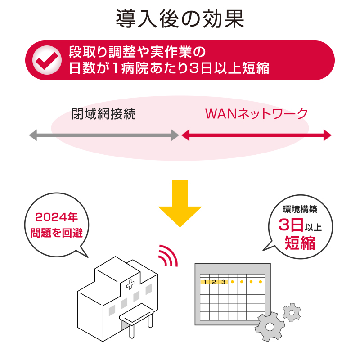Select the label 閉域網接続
point(104,114)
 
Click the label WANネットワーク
point(256,114)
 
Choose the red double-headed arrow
point(256,135)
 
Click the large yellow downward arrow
point(180,202)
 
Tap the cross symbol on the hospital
point(130,284)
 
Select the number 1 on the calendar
point(205,282)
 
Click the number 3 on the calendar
point(223,282)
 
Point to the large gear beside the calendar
point(270,327)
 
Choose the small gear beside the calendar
point(292,312)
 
